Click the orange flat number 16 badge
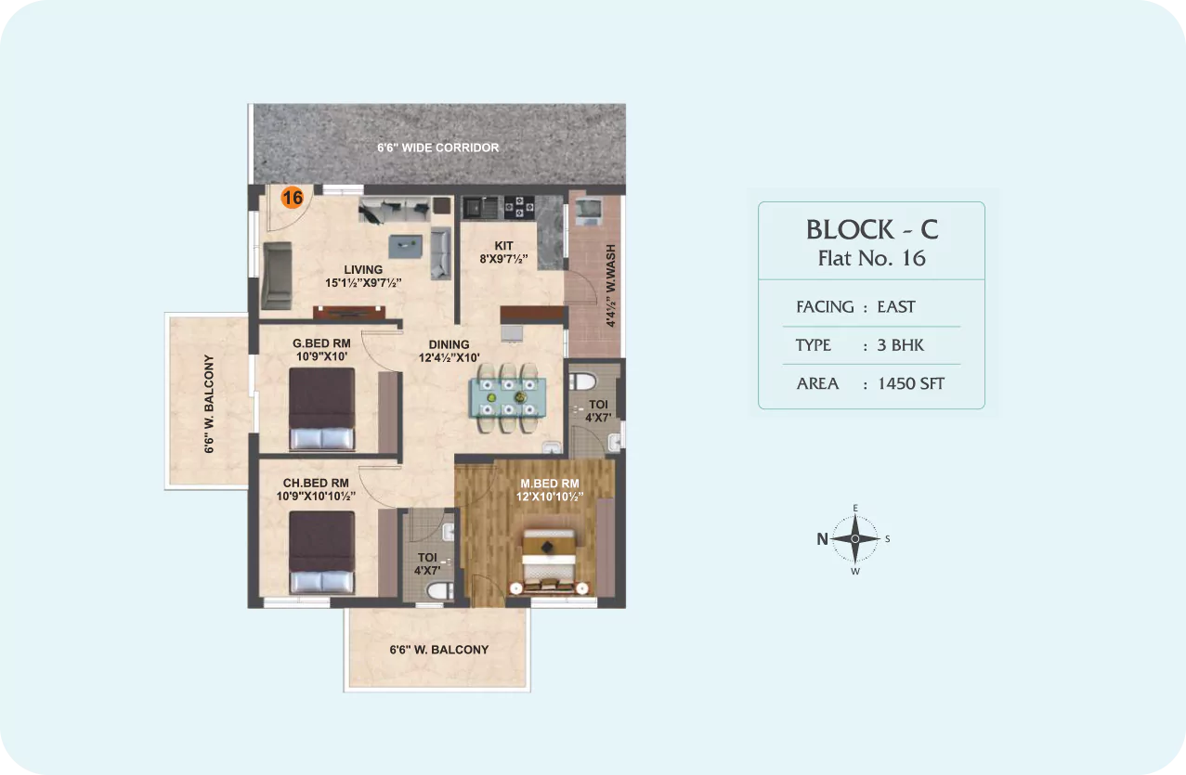click(293, 198)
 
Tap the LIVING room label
click(363, 270)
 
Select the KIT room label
click(503, 246)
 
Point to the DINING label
click(449, 344)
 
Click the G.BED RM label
click(321, 343)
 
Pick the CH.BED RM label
click(316, 483)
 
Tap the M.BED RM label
click(550, 484)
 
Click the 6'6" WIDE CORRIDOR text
click(437, 148)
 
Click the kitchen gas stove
click(519, 207)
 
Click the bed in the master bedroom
click(549, 562)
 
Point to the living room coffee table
click(405, 246)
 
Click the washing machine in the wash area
click(588, 211)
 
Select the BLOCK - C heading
click(872, 229)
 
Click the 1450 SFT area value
click(911, 383)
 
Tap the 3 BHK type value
click(900, 345)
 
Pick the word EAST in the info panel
click(896, 307)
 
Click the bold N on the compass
click(822, 539)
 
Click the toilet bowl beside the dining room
click(582, 381)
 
